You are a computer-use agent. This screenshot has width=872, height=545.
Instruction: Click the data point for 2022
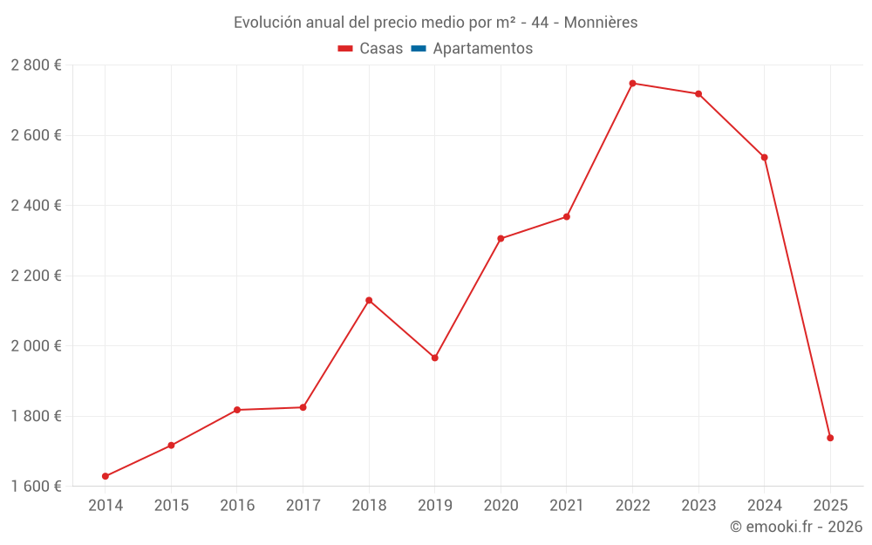pyautogui.click(x=632, y=84)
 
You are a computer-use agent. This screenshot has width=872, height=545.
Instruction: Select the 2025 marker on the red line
pyautogui.click(x=830, y=438)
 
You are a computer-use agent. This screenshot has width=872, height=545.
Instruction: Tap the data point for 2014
pyautogui.click(x=106, y=476)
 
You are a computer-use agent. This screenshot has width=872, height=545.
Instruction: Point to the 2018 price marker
pyautogui.click(x=369, y=301)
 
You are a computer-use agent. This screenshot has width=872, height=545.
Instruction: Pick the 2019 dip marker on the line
pyautogui.click(x=434, y=358)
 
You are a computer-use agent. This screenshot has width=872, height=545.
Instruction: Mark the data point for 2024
pyautogui.click(x=764, y=157)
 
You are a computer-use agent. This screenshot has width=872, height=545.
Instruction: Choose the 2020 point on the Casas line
pyautogui.click(x=501, y=238)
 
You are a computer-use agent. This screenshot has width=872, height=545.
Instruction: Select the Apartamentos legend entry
pyautogui.click(x=482, y=49)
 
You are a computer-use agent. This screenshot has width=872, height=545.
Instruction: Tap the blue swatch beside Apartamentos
pyautogui.click(x=419, y=49)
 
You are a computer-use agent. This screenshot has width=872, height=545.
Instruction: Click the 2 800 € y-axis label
pyautogui.click(x=36, y=65)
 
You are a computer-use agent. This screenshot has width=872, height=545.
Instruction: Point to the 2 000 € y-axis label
pyautogui.click(x=36, y=345)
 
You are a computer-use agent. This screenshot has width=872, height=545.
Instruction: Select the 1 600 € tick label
pyautogui.click(x=36, y=486)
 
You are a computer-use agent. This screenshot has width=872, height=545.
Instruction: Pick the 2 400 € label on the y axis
pyautogui.click(x=36, y=206)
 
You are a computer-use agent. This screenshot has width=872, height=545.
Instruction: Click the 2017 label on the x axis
pyautogui.click(x=303, y=505)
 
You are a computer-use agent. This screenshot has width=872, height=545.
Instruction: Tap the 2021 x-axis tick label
pyautogui.click(x=566, y=505)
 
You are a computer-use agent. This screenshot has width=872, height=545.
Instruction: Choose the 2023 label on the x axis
pyautogui.click(x=698, y=505)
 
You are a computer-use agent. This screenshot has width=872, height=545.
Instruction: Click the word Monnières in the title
pyautogui.click(x=601, y=23)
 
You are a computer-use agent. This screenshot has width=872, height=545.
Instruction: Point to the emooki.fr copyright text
pyautogui.click(x=796, y=527)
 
